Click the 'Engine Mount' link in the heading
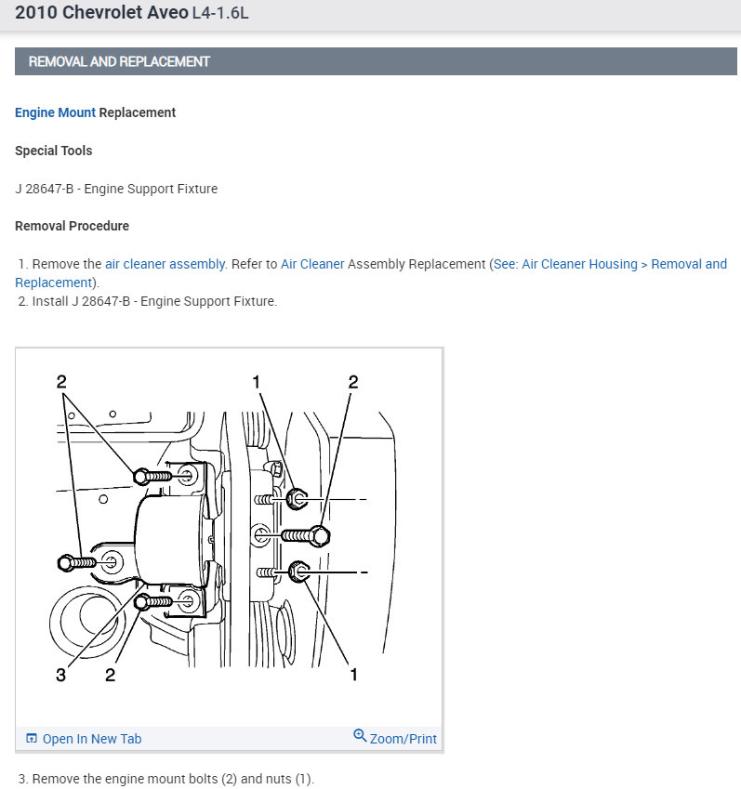pyautogui.click(x=55, y=112)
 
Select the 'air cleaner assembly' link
pyautogui.click(x=165, y=264)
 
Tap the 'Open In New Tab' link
pyautogui.click(x=91, y=739)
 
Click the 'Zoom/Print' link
pyautogui.click(x=403, y=739)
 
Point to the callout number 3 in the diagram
pyautogui.click(x=61, y=675)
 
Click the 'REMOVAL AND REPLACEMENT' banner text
pyautogui.click(x=119, y=62)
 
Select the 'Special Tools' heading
pyautogui.click(x=53, y=151)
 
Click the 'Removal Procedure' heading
pyautogui.click(x=72, y=226)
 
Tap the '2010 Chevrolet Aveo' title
pyautogui.click(x=94, y=14)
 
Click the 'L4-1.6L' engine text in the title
pyautogui.click(x=220, y=14)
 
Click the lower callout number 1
pyautogui.click(x=353, y=675)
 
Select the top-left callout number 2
pyautogui.click(x=61, y=381)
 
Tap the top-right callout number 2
pyautogui.click(x=353, y=381)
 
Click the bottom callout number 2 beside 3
pyautogui.click(x=110, y=675)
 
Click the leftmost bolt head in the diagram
pyautogui.click(x=66, y=561)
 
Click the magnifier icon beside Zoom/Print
pyautogui.click(x=360, y=736)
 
